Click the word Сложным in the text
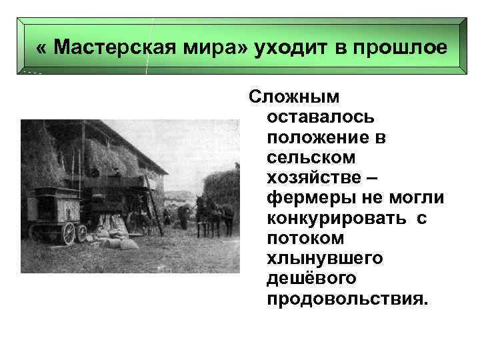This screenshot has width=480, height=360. tap(293, 97)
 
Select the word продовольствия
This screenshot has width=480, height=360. tap(344, 298)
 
